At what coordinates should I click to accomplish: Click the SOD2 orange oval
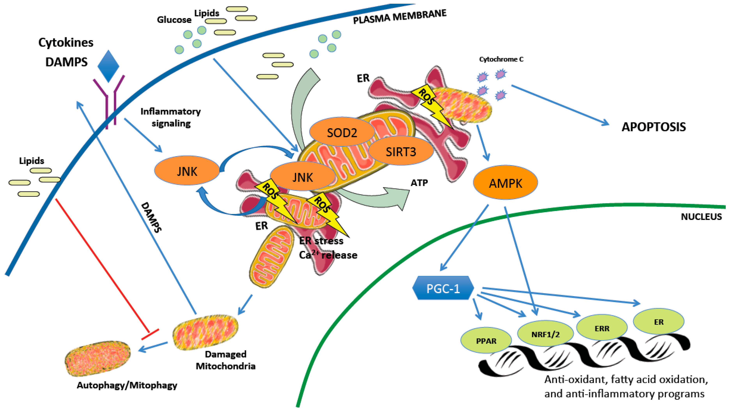(x=342, y=132)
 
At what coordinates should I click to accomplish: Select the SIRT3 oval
(x=401, y=152)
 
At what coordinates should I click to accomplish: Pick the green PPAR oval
(x=486, y=341)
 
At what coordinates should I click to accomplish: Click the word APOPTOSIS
(x=654, y=127)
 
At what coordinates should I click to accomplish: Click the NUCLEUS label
(x=701, y=217)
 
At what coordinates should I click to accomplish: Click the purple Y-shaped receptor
(x=109, y=102)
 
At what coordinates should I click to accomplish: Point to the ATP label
(x=419, y=183)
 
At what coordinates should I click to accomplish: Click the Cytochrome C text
(x=501, y=59)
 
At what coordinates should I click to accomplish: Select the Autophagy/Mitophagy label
(x=127, y=385)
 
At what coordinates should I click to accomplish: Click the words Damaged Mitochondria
(x=226, y=360)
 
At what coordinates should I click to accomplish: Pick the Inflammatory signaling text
(x=171, y=117)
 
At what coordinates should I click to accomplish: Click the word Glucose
(x=174, y=20)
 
